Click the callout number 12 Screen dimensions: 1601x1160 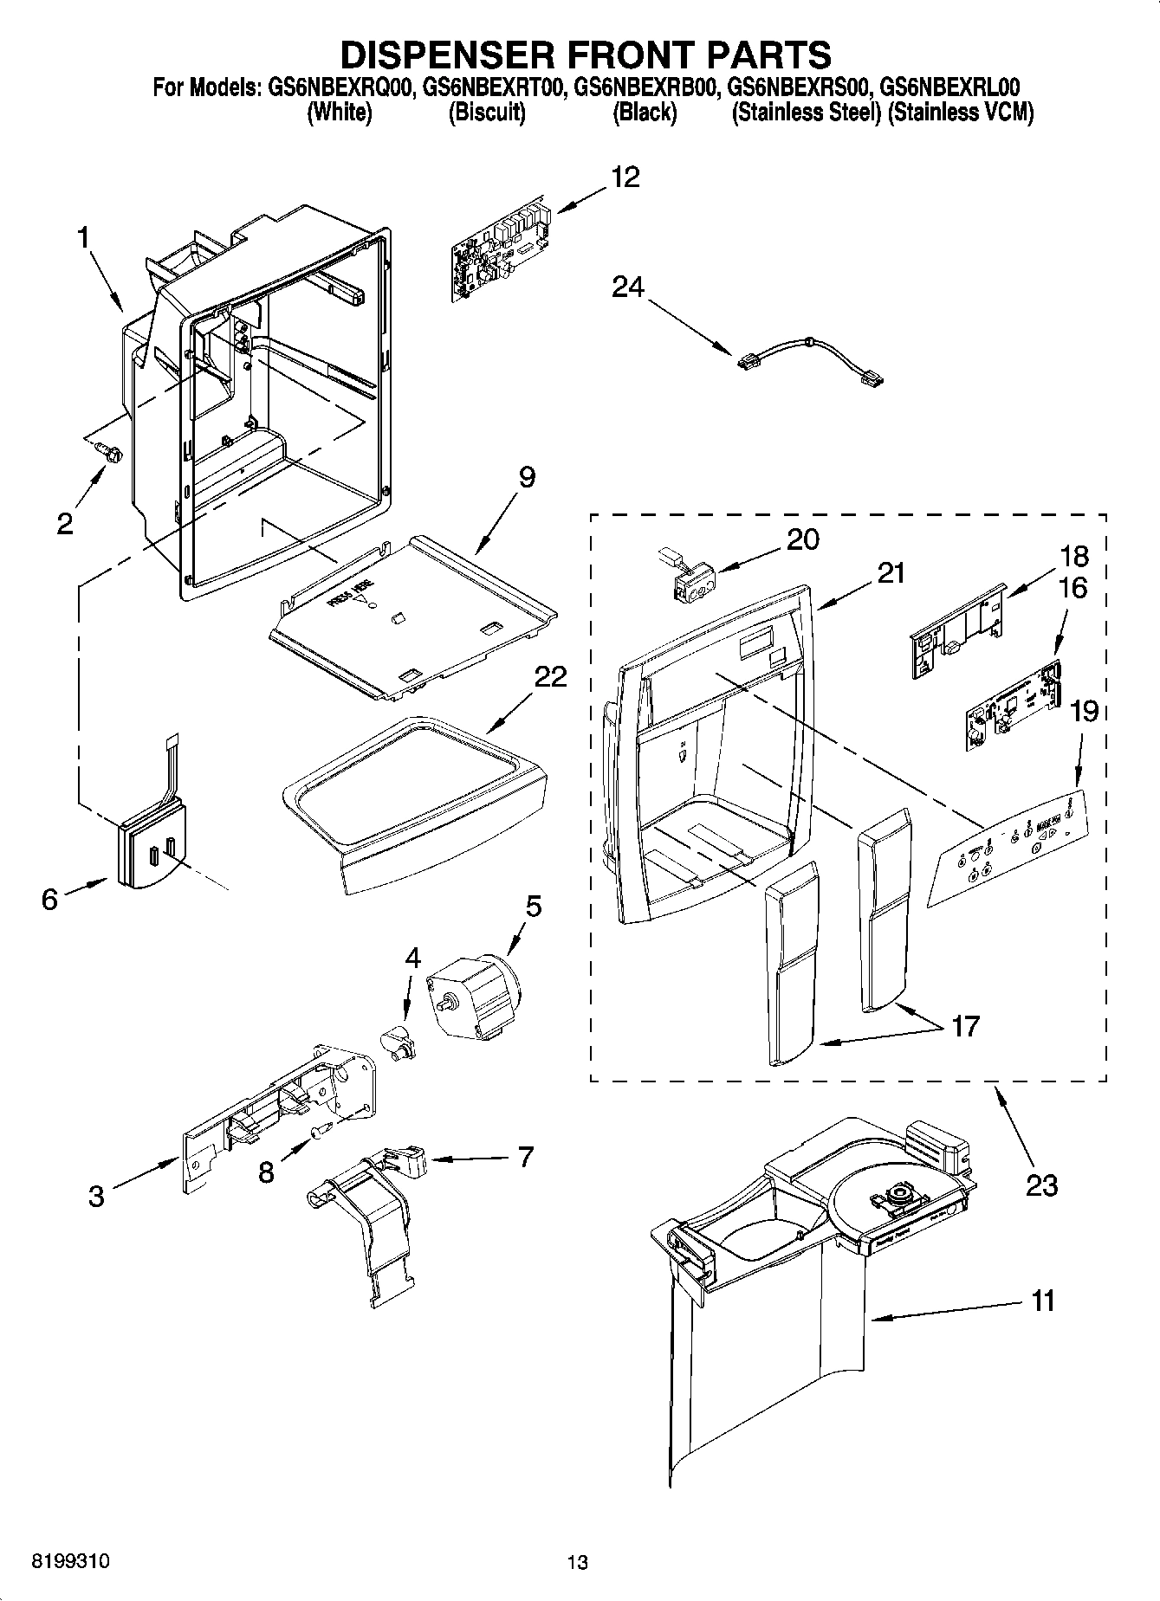coord(625,178)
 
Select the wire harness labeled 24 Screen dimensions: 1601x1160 coord(809,358)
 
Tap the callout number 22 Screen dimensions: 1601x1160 coord(549,676)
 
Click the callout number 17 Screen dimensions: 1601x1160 coord(964,1026)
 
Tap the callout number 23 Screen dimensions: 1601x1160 coord(1041,1185)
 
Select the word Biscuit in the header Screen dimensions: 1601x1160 coord(487,113)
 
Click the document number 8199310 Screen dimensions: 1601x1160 coord(70,1561)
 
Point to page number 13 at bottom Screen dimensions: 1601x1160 coord(577,1562)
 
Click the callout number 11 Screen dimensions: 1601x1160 coord(1043,1301)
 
